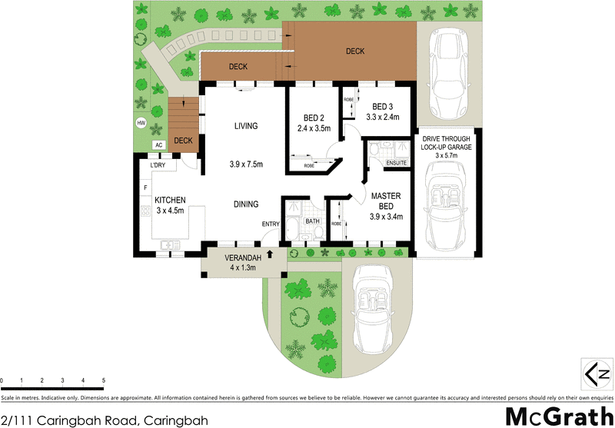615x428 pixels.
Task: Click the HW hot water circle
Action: (x=141, y=123)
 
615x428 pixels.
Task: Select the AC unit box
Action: (x=158, y=144)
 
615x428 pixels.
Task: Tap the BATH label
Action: (x=311, y=221)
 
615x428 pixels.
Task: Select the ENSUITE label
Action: (x=397, y=163)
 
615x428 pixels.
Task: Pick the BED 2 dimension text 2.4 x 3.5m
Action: (x=313, y=128)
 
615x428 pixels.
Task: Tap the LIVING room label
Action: (x=245, y=126)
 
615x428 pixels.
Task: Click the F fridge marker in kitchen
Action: (x=145, y=187)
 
